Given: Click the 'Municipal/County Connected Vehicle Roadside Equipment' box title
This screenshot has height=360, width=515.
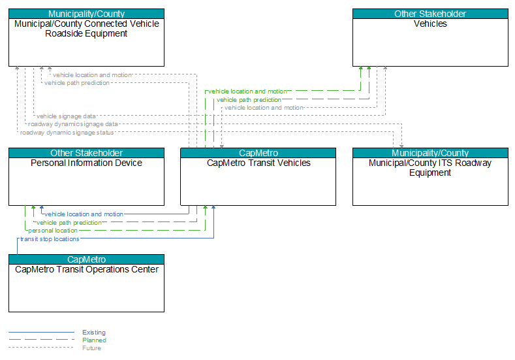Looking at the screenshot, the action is (86, 29).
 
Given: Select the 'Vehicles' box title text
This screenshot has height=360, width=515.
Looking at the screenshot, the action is (430, 24).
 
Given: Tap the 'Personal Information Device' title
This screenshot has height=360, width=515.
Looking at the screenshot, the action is (86, 163).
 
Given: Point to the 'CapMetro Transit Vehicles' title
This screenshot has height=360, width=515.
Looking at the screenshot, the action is (258, 163).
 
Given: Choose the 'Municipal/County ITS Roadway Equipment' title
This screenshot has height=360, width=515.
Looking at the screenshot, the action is (430, 168).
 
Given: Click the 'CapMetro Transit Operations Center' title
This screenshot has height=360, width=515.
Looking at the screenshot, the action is (87, 269).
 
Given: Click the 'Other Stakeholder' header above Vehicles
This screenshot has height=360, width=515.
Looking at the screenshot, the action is (430, 14).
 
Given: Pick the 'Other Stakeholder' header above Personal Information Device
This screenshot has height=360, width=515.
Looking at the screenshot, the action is (86, 153).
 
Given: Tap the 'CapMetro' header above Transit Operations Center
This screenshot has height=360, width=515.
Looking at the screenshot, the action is (86, 259).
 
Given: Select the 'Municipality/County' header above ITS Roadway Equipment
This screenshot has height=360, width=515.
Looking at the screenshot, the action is (430, 153).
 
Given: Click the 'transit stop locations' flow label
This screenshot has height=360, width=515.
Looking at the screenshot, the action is (50, 239).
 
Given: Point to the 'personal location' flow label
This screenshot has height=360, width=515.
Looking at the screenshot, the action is (53, 231).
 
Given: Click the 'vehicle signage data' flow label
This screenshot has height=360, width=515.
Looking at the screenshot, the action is (66, 116).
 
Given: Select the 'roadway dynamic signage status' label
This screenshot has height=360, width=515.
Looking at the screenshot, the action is (67, 133).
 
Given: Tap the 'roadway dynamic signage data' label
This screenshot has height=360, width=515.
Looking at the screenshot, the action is (72, 124).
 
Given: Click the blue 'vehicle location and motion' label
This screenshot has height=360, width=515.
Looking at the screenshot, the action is (84, 214).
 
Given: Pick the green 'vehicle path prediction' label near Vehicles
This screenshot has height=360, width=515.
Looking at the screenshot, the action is (249, 99).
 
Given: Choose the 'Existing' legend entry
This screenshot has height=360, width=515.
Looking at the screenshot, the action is (94, 333).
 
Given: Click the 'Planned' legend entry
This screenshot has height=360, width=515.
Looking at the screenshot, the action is (94, 340).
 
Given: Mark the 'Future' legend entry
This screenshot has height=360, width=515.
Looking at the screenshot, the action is (91, 348).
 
